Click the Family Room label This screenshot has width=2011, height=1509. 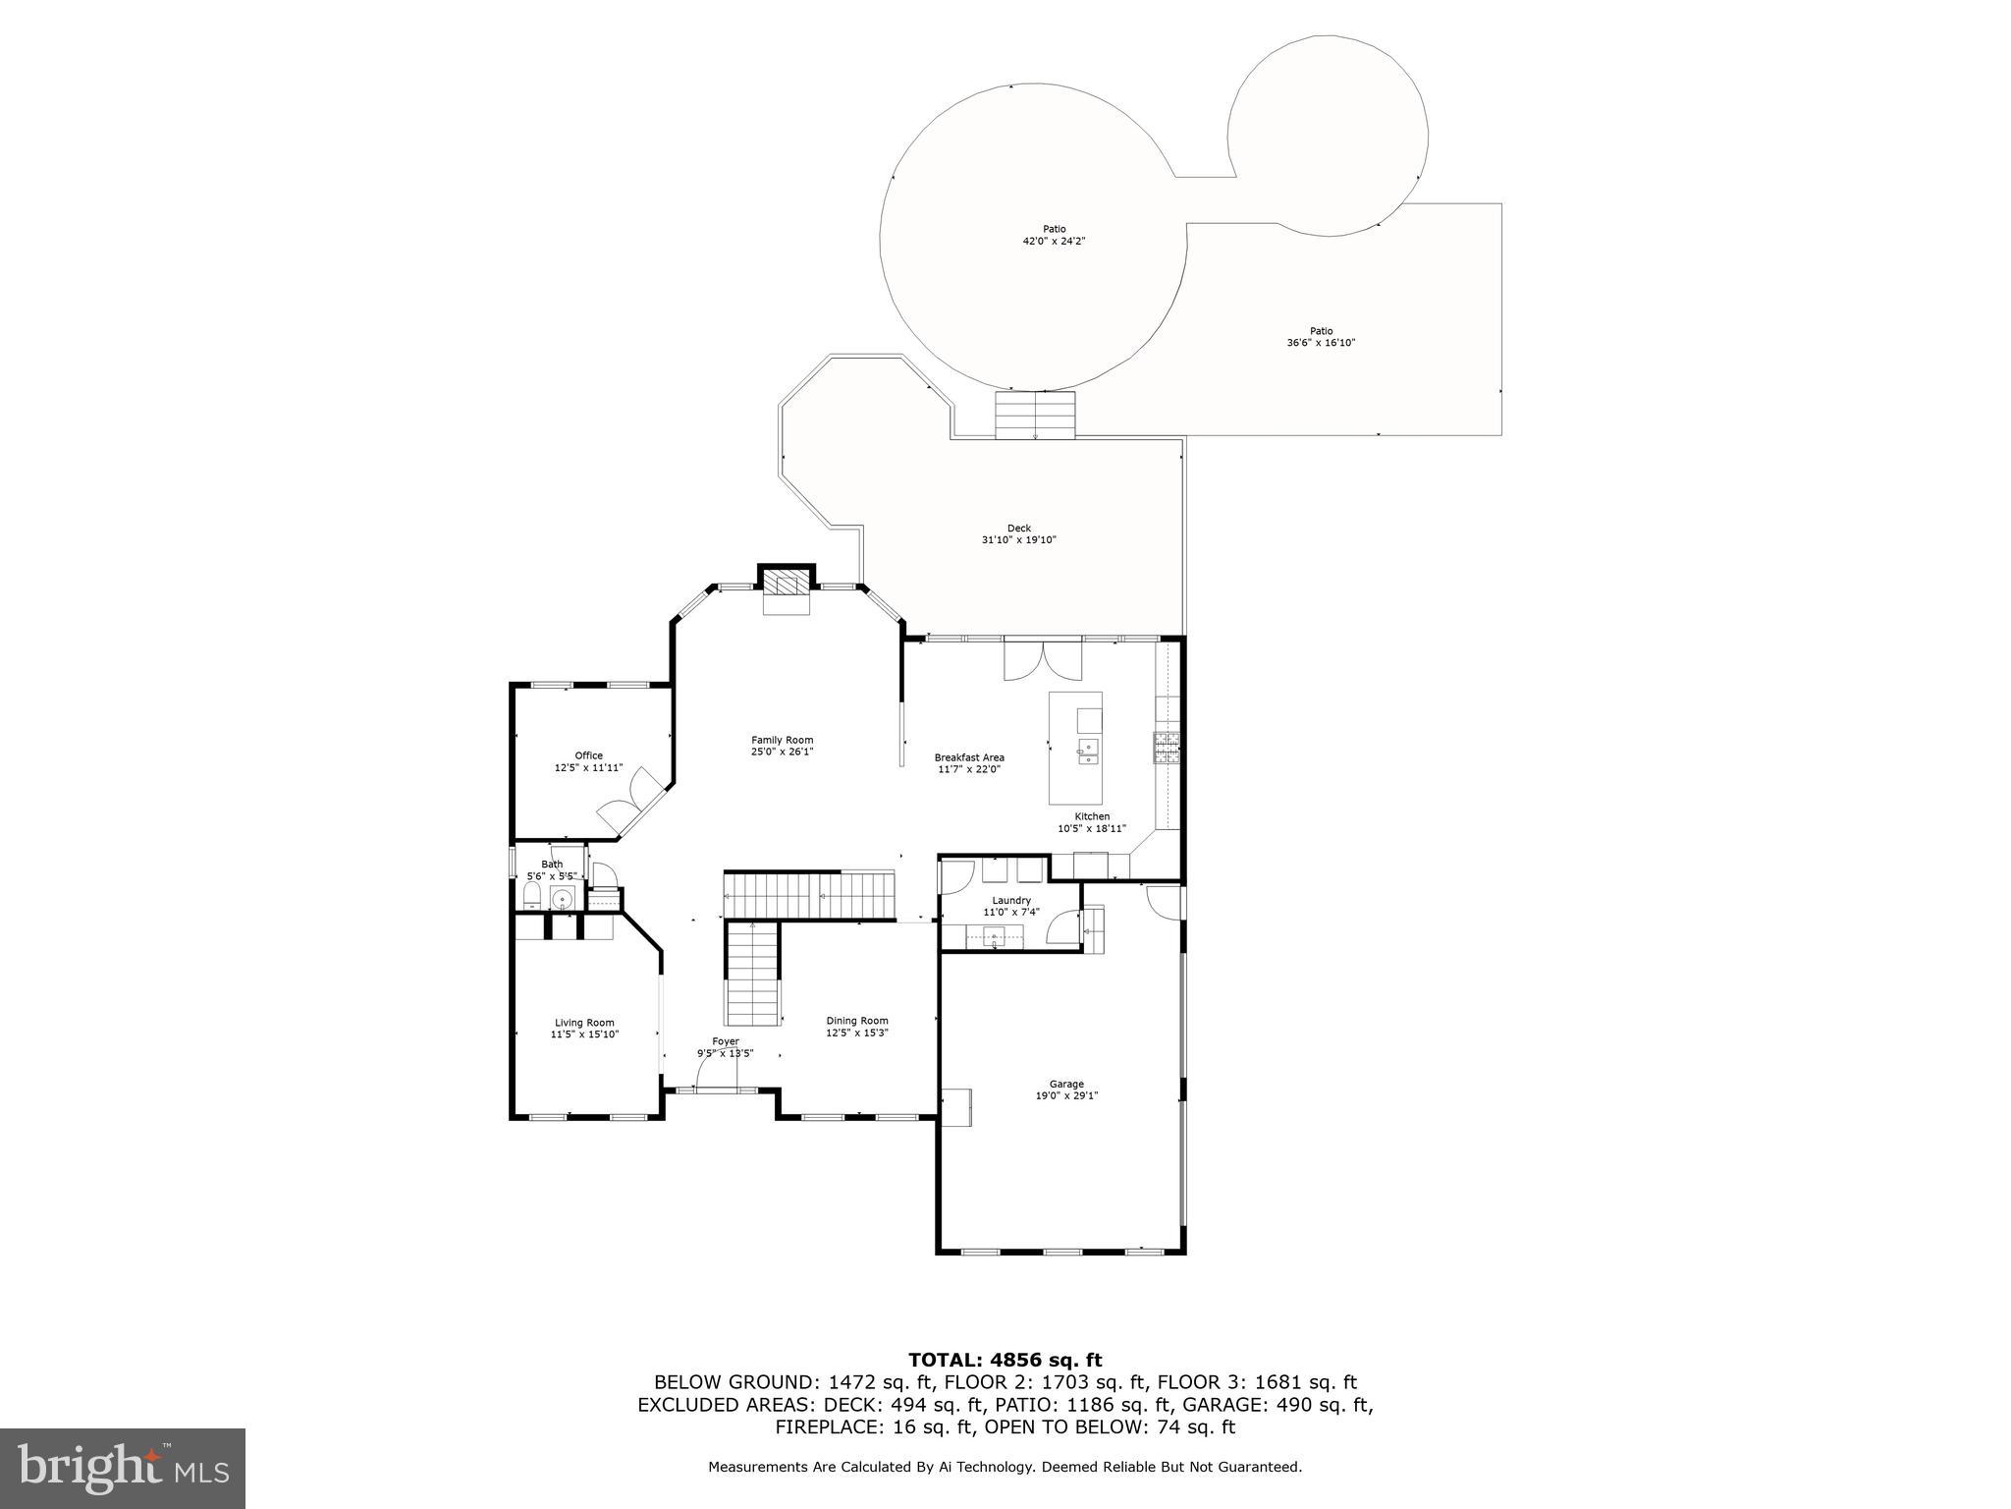(x=782, y=740)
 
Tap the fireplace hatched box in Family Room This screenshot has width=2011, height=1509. (x=786, y=586)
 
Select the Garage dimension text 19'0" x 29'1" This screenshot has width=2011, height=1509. (x=1065, y=1095)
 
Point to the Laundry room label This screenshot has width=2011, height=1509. (x=1010, y=900)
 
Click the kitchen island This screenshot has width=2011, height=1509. (x=1075, y=748)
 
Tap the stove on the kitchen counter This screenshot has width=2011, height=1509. (x=1167, y=748)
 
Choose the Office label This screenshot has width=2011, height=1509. (x=588, y=755)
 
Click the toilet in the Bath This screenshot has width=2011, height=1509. (x=531, y=895)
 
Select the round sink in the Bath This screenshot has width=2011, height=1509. (x=563, y=898)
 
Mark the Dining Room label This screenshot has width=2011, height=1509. (x=856, y=1021)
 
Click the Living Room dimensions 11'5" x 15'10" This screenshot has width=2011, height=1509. (x=584, y=1034)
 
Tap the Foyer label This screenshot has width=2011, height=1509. (x=725, y=1041)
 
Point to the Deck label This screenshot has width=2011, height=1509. (x=1018, y=529)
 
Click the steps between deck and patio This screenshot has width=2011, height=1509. (x=1035, y=415)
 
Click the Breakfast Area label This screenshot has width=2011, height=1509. (x=968, y=757)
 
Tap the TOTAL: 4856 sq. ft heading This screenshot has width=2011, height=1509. (x=1005, y=1360)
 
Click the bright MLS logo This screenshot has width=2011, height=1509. (x=122, y=1468)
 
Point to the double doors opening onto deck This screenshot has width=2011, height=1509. (x=1043, y=659)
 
